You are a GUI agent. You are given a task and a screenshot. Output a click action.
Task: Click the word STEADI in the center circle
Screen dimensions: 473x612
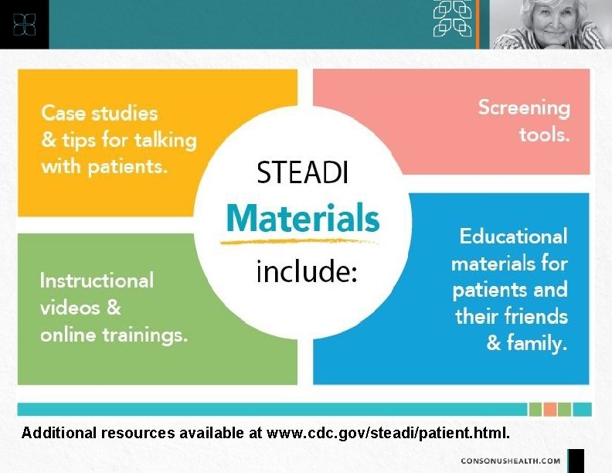[x=302, y=172]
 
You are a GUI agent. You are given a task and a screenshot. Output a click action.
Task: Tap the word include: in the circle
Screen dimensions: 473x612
[x=306, y=271]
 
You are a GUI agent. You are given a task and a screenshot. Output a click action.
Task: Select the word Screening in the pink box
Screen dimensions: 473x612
[x=524, y=107]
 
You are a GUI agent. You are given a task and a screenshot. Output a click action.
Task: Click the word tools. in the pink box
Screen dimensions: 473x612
[x=544, y=135]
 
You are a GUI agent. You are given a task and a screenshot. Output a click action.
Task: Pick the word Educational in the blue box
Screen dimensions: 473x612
[x=513, y=236]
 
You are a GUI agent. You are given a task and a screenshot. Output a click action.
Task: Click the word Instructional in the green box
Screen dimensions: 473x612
[x=97, y=279]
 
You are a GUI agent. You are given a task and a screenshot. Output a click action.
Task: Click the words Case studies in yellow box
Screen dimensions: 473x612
[x=99, y=113]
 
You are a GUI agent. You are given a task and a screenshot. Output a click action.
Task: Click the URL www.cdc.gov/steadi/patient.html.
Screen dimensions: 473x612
[x=389, y=432]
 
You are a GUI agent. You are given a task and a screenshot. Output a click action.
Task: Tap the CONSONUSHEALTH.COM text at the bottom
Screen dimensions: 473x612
[x=511, y=461]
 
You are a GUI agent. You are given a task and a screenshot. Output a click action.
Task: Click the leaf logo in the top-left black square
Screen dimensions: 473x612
[x=24, y=24]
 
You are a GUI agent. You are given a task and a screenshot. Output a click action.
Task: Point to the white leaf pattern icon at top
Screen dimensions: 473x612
[x=453, y=19]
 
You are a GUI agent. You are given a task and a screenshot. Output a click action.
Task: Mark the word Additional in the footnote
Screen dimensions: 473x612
[x=59, y=432]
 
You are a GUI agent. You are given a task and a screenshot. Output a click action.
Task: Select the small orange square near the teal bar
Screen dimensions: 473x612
[x=549, y=409]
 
